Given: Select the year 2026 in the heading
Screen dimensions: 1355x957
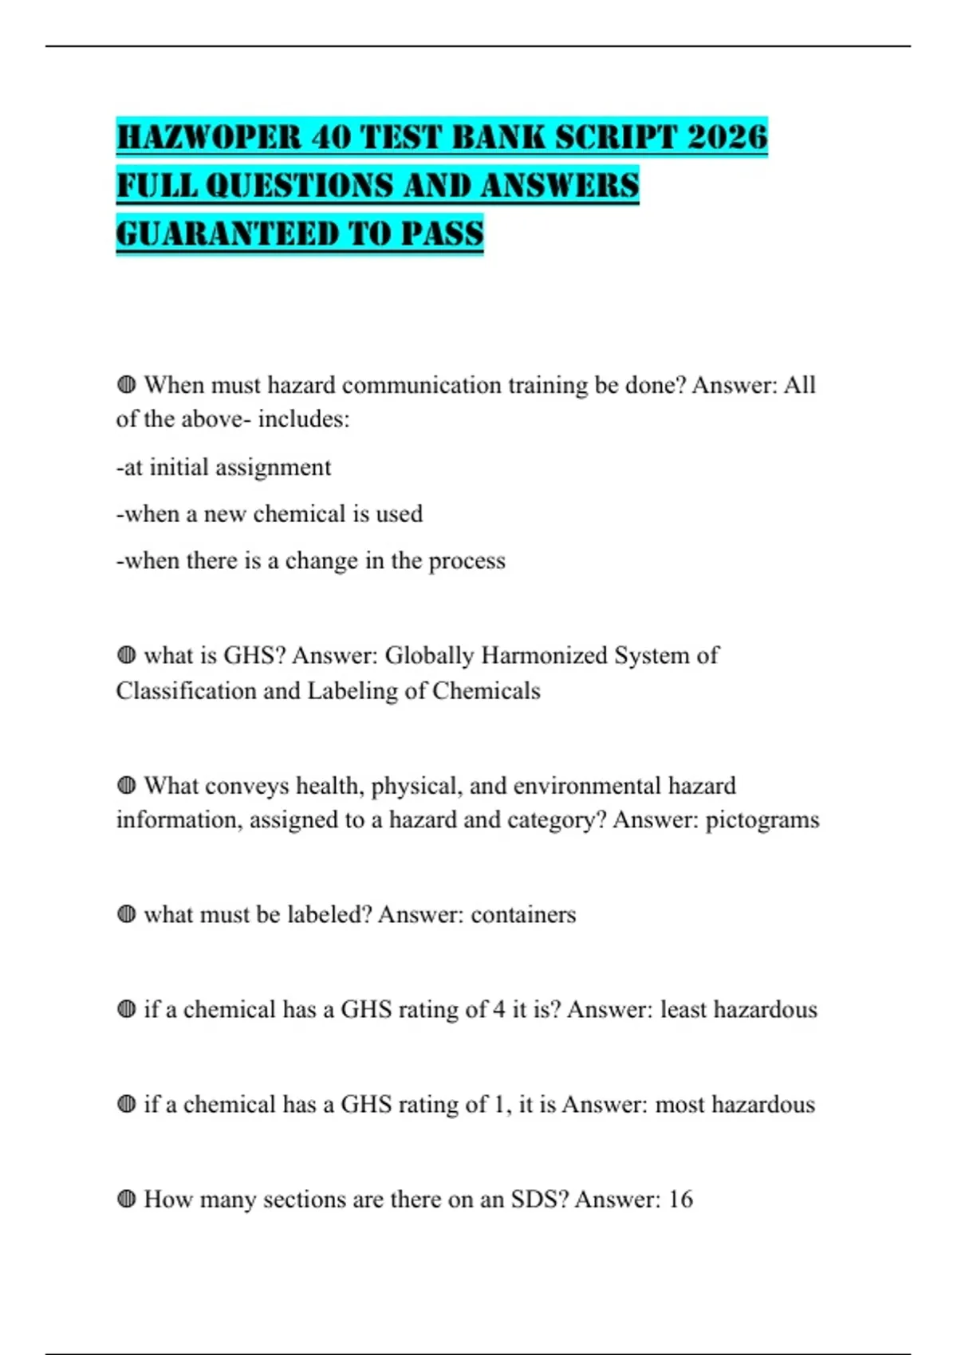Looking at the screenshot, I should pos(727,137).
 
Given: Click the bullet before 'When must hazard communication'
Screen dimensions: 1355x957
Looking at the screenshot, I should pos(126,385).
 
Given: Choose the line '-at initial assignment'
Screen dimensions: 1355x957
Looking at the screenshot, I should pos(223,467).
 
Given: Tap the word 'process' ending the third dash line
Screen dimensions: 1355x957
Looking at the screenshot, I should pos(467,561).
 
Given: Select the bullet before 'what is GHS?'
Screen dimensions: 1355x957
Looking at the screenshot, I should pos(126,655).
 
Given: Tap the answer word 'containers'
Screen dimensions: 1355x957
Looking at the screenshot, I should pos(523,914).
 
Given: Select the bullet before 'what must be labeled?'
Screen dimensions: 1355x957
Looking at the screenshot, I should pos(126,914).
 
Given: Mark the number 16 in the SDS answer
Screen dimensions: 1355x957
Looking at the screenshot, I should pos(680,1200).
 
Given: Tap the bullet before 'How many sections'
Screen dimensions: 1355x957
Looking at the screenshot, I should pos(126,1199).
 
